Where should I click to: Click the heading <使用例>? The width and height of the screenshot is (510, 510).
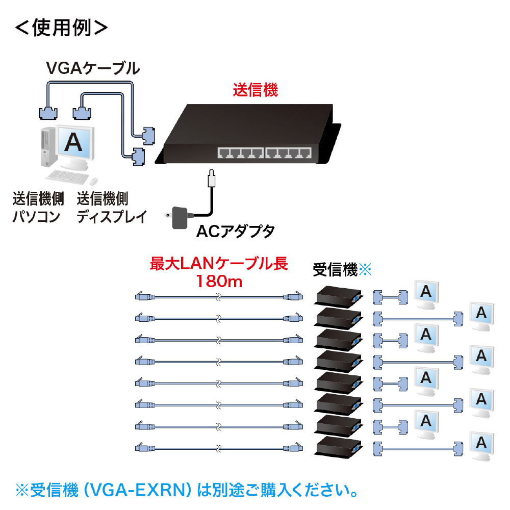[x=61, y=28]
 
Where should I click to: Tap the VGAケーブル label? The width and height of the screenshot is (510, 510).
[x=93, y=68]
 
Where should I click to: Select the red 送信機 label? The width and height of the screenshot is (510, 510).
[x=256, y=90]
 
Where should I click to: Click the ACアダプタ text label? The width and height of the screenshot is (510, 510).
[x=236, y=232]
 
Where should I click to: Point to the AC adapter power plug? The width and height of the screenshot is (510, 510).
[x=177, y=217]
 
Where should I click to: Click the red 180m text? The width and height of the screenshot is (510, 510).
[x=219, y=281]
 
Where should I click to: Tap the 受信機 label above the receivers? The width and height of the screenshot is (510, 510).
[x=335, y=270]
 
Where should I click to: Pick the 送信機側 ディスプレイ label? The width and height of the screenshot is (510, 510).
[x=112, y=208]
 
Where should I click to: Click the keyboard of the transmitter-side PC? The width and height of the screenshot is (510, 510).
[x=67, y=177]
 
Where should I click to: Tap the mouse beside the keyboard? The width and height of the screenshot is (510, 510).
[x=93, y=181]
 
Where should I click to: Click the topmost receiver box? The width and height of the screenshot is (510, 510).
[x=339, y=296]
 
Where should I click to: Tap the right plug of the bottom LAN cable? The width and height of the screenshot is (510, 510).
[x=293, y=448]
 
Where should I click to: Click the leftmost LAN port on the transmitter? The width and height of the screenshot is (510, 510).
[x=224, y=153]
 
